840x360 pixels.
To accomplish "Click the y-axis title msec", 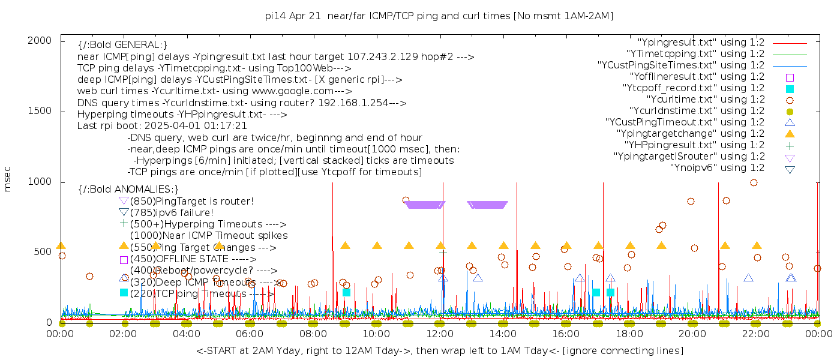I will [x=8, y=178].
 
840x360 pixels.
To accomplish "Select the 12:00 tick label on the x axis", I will [x=439, y=333].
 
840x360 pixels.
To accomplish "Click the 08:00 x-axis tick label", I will [x=313, y=333].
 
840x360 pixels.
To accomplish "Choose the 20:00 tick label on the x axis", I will [x=692, y=333].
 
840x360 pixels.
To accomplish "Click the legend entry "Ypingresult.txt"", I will [x=701, y=42].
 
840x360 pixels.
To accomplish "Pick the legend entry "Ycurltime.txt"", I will [x=705, y=99].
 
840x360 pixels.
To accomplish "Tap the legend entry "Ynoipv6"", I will [x=717, y=167].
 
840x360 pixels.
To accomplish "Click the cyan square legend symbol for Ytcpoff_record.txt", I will [x=790, y=88].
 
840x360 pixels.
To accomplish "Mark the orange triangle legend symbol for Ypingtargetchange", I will [x=790, y=133].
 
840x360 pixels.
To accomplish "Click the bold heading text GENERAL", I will [x=122, y=45].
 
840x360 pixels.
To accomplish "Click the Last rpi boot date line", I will [x=162, y=125].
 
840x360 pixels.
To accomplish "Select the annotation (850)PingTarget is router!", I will [x=191, y=201].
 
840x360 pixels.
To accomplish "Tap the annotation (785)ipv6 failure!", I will [x=171, y=212].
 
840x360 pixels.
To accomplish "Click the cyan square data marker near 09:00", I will [x=346, y=292].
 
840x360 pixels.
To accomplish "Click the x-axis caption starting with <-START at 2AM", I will [x=439, y=350].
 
